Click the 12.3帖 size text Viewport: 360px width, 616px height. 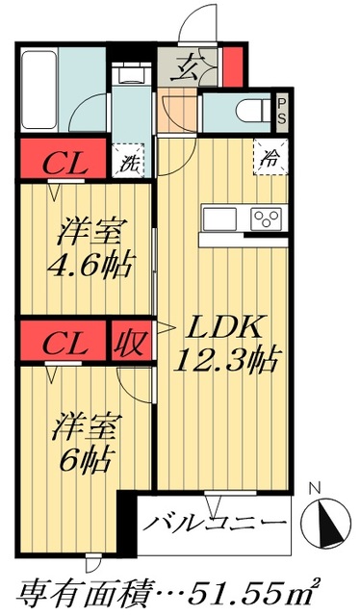tap(226, 361)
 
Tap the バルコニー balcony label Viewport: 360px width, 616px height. tap(217, 525)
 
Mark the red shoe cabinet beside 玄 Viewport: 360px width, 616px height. tap(231, 64)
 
